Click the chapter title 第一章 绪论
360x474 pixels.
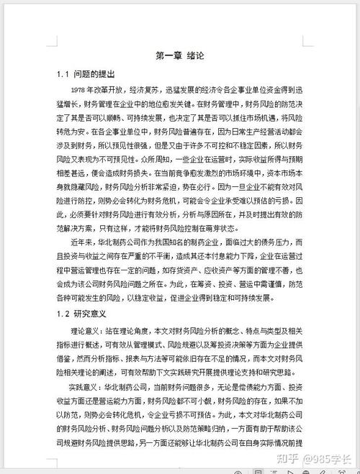(179, 55)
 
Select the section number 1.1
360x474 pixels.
(63, 74)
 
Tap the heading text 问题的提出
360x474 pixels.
(94, 74)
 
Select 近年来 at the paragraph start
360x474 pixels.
(81, 243)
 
